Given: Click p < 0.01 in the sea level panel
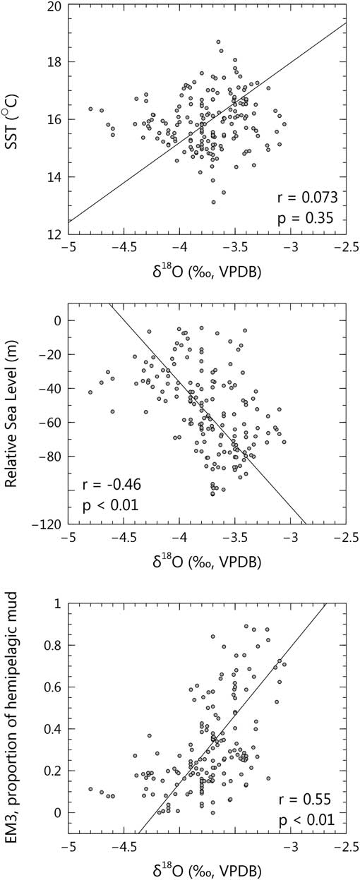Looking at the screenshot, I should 109,506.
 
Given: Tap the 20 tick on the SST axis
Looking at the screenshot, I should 53,6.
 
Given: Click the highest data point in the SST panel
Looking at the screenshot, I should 218,42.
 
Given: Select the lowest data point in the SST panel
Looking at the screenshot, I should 213,203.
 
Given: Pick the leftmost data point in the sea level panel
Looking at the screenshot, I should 90,392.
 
